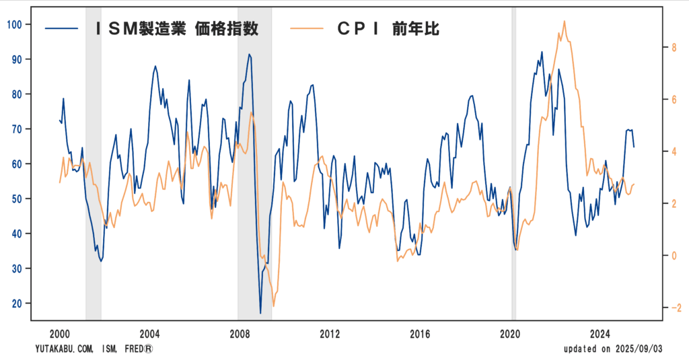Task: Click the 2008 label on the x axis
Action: tap(240, 334)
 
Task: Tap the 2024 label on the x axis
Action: tap(600, 334)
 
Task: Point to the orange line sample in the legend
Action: tap(305, 28)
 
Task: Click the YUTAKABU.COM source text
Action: tap(65, 349)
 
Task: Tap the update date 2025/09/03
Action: tap(635, 349)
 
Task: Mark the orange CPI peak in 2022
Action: tap(564, 21)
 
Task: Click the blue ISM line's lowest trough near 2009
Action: tap(260, 313)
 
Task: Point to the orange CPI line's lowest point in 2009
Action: tap(273, 306)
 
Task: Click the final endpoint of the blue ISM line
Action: tap(634, 147)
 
